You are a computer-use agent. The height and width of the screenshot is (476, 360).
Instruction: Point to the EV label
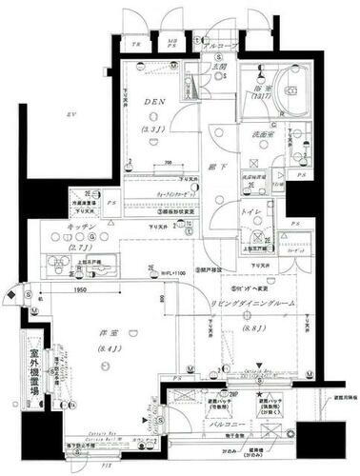pyautogui.click(x=69, y=115)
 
